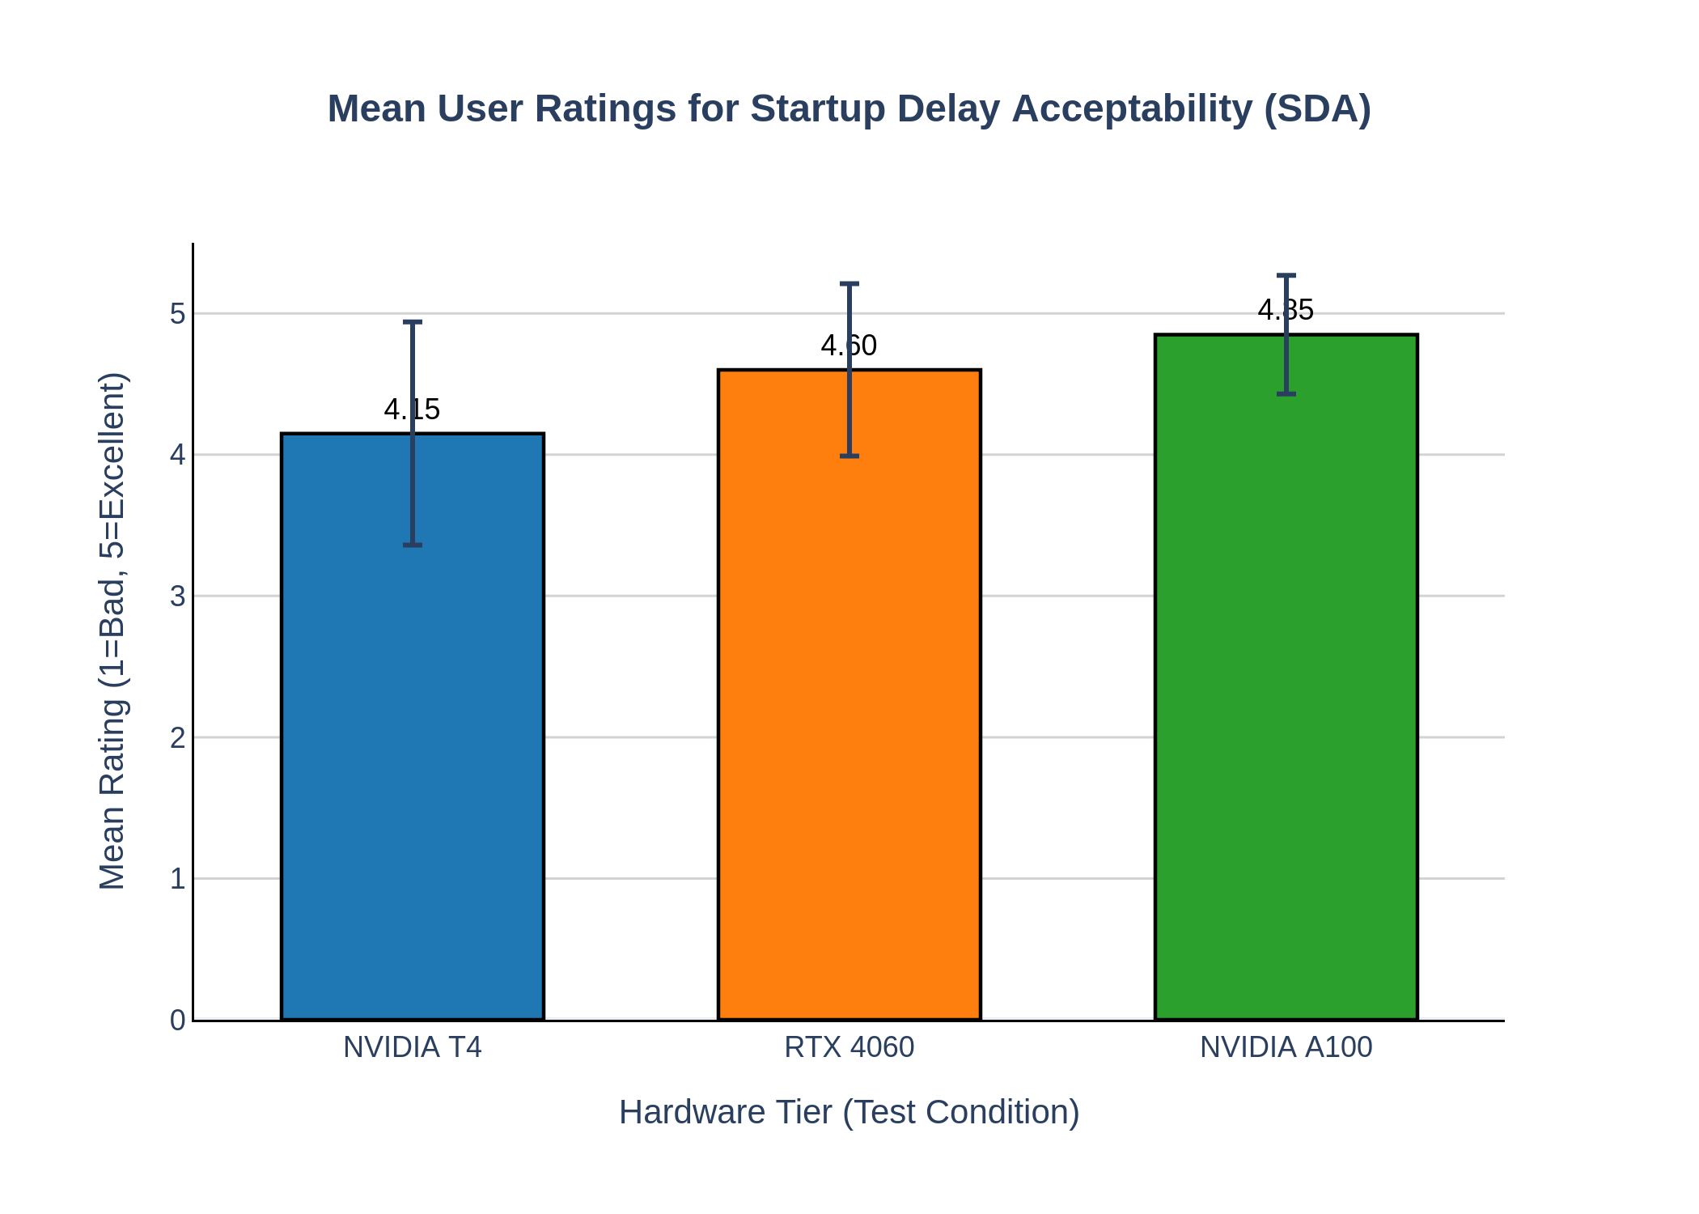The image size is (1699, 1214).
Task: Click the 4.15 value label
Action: [412, 410]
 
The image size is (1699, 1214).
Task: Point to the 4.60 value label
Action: [849, 346]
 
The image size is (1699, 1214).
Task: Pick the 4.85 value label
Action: [1286, 310]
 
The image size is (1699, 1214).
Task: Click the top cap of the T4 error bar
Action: [413, 322]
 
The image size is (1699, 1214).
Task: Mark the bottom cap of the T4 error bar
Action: [413, 545]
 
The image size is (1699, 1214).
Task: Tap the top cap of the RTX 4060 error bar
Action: [849, 284]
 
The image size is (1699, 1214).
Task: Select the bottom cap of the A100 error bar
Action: [1286, 394]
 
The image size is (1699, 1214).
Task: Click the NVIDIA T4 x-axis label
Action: [412, 1047]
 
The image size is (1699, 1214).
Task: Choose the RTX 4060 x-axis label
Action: [849, 1047]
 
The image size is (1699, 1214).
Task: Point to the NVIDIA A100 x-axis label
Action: [1286, 1047]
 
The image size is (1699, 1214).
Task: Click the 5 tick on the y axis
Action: [177, 314]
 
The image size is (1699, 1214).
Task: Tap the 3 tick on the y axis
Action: [177, 596]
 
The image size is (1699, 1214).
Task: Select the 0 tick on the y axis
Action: [177, 1021]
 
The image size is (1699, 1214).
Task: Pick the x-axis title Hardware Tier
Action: [849, 1112]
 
